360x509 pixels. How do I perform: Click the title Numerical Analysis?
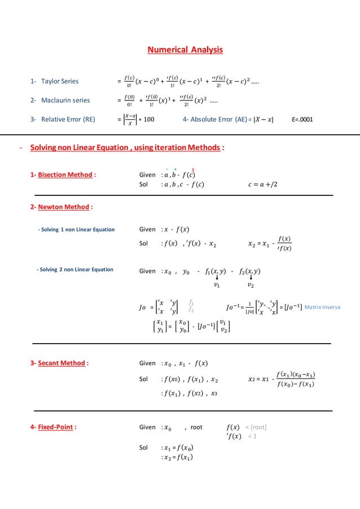185,50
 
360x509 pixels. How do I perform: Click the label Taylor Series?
54,82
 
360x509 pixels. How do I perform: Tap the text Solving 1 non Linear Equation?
76,230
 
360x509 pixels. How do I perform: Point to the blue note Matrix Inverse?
322,307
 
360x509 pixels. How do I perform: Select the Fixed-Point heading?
54,427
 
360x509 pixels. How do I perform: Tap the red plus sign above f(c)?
194,169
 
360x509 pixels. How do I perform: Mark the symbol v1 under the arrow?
217,285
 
